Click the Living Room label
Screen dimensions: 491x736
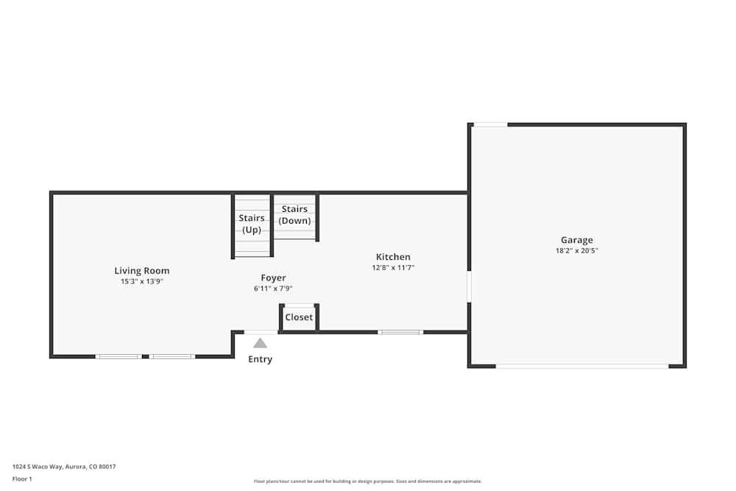coord(141,271)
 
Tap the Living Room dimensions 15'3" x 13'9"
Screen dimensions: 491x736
coord(141,281)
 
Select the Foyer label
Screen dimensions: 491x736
coord(273,278)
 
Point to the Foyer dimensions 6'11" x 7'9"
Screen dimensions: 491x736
coord(273,289)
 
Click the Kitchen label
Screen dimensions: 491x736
coord(393,257)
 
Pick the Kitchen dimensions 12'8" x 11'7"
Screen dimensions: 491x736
coord(393,268)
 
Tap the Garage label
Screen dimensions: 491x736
coord(576,240)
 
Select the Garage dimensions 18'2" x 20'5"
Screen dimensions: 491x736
coord(576,250)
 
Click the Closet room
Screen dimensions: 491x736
coord(299,317)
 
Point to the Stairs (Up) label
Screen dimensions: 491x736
coord(252,224)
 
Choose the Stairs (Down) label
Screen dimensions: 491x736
coord(294,215)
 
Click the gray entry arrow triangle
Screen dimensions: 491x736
coord(260,343)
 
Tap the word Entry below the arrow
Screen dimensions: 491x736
coord(260,359)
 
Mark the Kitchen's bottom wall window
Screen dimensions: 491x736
coord(400,332)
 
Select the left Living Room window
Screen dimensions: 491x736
coord(118,356)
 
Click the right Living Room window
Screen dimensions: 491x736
coord(172,356)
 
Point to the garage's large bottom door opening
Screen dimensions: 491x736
coord(581,366)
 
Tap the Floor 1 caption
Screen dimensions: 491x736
coord(22,478)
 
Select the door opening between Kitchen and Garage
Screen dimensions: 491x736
coord(469,287)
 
